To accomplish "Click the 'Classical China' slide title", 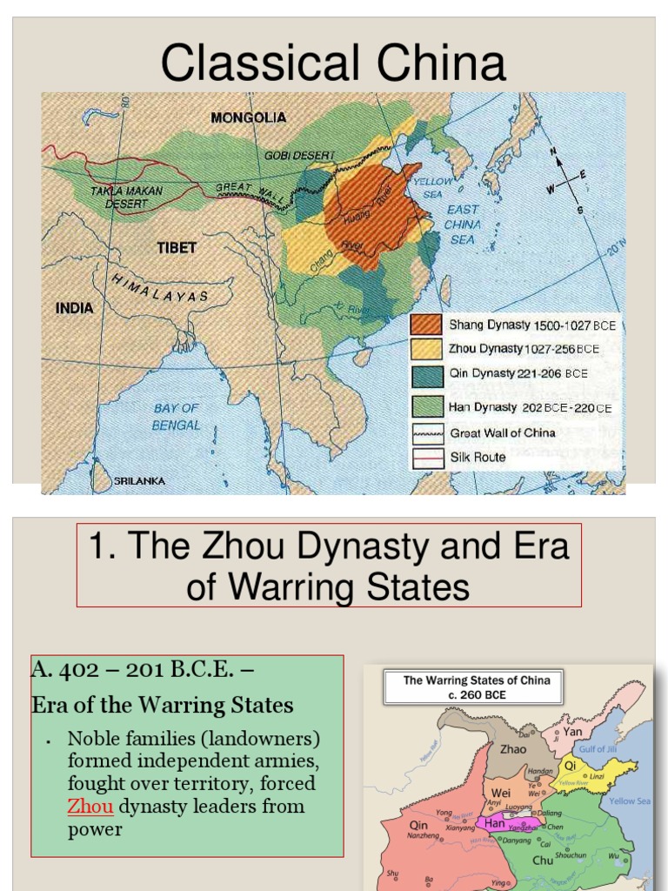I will [x=333, y=64].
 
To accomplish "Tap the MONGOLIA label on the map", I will [x=248, y=117].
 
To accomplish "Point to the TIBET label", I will [x=177, y=248].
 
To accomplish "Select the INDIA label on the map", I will [x=74, y=308].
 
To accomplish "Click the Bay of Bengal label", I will [x=177, y=417].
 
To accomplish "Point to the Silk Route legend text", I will [x=478, y=457].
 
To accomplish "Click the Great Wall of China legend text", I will [x=502, y=432].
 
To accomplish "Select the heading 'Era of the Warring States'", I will [x=163, y=705].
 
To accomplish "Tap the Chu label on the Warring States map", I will [x=543, y=860].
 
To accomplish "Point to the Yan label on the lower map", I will [x=572, y=732].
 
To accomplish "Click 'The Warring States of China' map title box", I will [x=477, y=687].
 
